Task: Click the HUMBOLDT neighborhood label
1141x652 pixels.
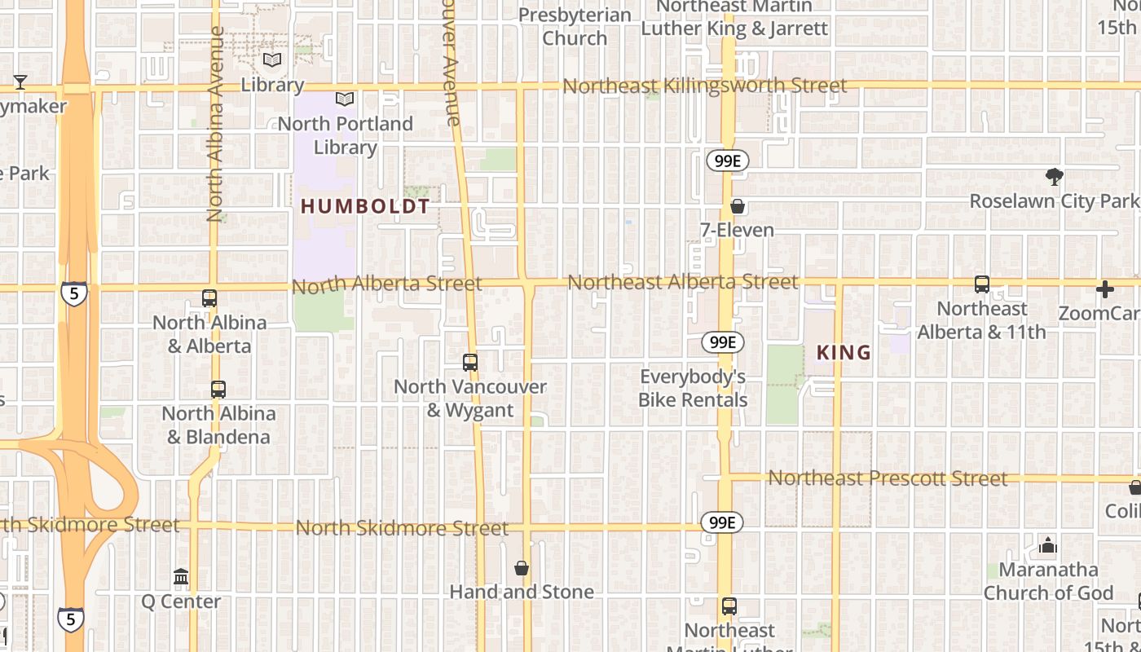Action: [364, 207]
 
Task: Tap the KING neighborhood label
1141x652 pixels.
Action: [844, 353]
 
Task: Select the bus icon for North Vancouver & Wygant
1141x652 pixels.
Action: [470, 362]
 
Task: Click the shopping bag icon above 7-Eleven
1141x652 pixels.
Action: [738, 206]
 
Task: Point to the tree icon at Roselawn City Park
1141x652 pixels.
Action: [1054, 177]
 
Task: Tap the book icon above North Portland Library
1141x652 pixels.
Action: [345, 99]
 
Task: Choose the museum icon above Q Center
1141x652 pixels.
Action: [181, 578]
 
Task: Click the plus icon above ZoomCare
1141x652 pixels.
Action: [1105, 289]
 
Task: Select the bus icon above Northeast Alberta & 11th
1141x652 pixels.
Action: [982, 284]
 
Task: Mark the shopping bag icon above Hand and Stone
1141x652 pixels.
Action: [522, 568]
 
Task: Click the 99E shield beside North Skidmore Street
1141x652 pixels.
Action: [722, 522]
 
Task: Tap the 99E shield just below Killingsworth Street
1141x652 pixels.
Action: [727, 161]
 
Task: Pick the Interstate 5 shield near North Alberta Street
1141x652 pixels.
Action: [73, 293]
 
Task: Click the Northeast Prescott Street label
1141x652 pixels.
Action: [888, 478]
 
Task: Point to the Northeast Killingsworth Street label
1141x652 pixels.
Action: [704, 86]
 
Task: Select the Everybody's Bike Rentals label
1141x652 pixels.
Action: [693, 388]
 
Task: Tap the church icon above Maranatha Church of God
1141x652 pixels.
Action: [1048, 544]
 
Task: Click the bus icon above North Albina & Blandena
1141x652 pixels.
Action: [218, 390]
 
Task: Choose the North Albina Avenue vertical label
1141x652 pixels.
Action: [215, 124]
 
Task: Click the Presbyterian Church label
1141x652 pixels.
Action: [575, 27]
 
